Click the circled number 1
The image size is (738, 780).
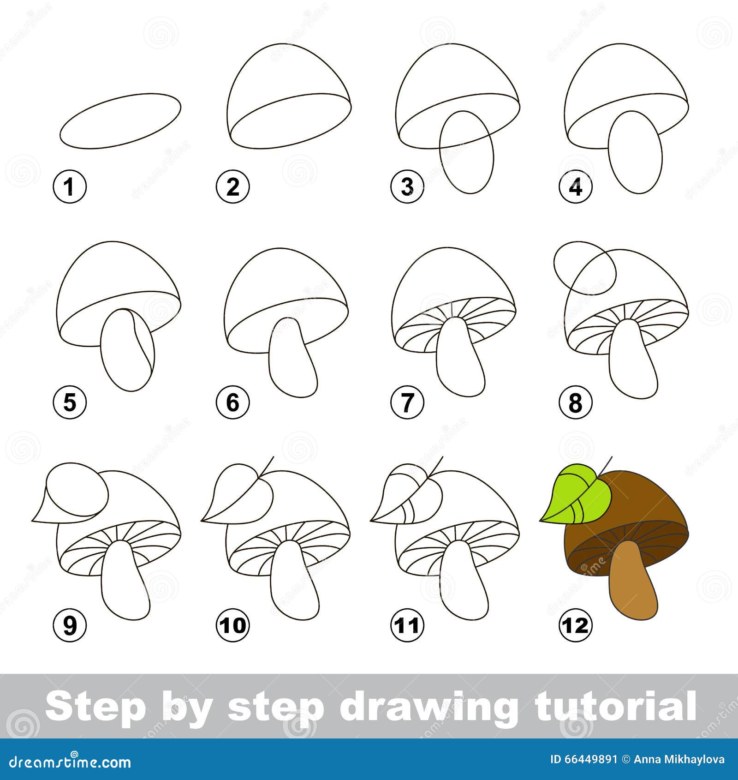70,187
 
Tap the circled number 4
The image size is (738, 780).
576,187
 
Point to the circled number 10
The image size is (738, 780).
233,626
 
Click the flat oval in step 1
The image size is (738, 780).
120,120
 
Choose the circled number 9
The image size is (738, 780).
70,626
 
